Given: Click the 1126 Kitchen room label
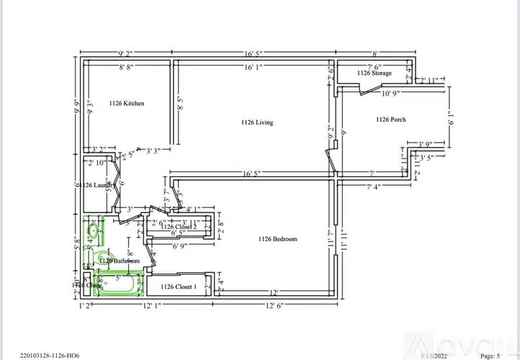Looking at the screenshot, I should tap(126, 104).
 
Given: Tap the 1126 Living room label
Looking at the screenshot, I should tap(256, 122).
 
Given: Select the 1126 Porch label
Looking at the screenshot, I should tap(391, 120).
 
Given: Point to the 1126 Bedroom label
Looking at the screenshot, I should tap(277, 239).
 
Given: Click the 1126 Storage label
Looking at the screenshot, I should tap(375, 73).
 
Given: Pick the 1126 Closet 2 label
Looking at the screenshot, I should tap(179, 227).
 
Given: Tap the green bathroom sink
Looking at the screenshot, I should tap(94, 230).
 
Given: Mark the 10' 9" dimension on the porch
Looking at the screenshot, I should tap(391, 93).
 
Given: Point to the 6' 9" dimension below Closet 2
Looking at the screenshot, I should tap(179, 246).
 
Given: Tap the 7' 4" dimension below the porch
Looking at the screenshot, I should tap(373, 187).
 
